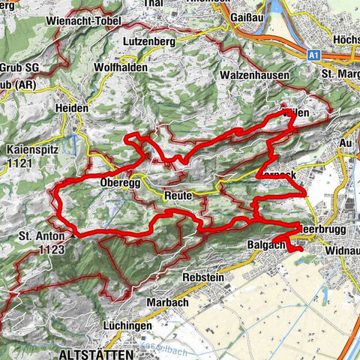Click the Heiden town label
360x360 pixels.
click(x=72, y=109)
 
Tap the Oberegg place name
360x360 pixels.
click(x=115, y=182)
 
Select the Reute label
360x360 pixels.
click(x=179, y=195)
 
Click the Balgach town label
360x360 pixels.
click(x=264, y=244)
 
